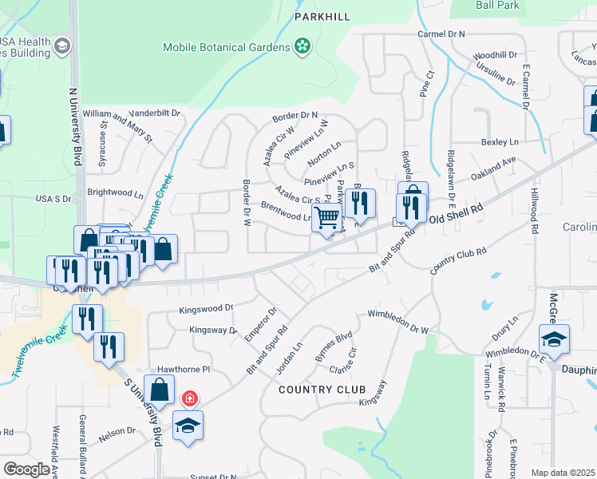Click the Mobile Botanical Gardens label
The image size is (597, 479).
(227, 47)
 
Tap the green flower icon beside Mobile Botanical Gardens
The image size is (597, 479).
(302, 47)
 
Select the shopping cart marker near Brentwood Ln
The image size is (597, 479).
(326, 217)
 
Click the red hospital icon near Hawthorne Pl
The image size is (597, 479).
(190, 398)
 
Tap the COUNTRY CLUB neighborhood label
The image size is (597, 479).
(322, 390)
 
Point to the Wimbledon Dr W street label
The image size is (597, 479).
(397, 321)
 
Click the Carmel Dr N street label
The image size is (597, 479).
(441, 34)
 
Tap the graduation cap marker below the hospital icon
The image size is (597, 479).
(188, 425)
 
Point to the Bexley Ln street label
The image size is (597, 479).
(500, 142)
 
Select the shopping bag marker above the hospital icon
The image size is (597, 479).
(160, 390)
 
